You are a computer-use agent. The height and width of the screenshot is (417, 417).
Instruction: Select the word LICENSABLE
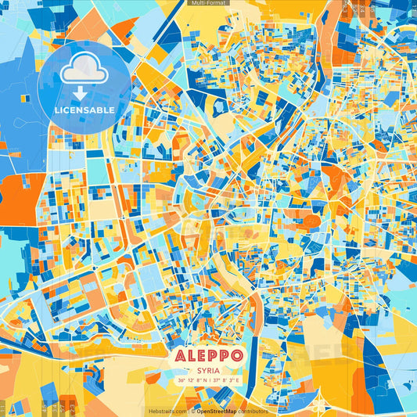click(84, 110)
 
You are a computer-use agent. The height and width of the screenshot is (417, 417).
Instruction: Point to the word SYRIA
click(208, 371)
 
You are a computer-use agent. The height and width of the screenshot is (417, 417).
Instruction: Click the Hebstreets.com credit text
click(167, 411)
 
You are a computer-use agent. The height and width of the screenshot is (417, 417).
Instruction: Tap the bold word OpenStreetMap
click(219, 411)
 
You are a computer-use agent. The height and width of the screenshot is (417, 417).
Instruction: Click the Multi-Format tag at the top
click(208, 3)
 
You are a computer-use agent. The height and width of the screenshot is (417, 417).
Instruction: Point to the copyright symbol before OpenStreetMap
click(192, 411)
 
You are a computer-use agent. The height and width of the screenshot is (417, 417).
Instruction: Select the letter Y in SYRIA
click(203, 371)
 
